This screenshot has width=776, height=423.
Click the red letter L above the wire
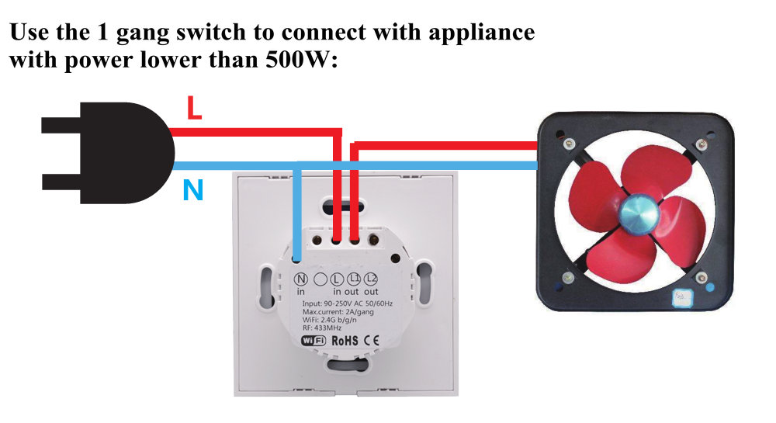coord(194,109)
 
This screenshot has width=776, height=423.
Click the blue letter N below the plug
coord(192,189)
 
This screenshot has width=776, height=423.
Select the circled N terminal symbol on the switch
coord(300,279)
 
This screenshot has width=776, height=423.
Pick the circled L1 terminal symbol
coord(353,279)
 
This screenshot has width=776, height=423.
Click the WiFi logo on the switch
coord(312,340)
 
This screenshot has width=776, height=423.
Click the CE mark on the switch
coord(372,340)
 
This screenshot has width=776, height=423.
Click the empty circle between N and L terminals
coord(318,279)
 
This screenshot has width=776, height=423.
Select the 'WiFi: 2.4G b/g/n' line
coord(327,318)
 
